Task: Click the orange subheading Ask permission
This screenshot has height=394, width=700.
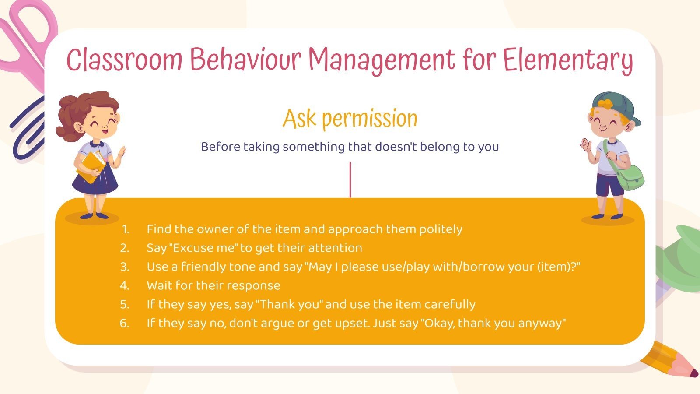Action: point(350,119)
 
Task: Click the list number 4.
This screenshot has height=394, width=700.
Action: point(125,286)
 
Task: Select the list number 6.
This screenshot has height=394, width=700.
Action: point(125,324)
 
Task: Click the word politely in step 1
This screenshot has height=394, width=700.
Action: point(441,229)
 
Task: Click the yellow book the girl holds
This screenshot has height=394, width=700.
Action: point(92,166)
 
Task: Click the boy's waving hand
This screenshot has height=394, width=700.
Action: point(586,144)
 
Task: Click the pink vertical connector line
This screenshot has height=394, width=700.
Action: point(350,179)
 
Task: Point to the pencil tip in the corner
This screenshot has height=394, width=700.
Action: point(693,373)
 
